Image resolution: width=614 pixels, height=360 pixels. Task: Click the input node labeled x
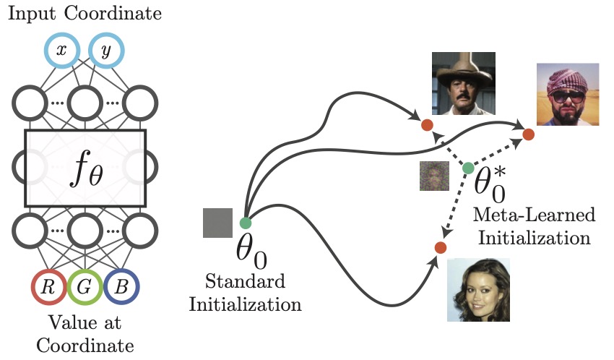(x=61, y=50)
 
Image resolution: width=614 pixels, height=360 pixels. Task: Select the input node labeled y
(x=106, y=50)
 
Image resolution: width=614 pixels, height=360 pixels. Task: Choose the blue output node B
(x=122, y=286)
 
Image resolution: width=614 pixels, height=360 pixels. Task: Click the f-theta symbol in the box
(x=85, y=168)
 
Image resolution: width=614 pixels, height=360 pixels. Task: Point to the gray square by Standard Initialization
(x=217, y=223)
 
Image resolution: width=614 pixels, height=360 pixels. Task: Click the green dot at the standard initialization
(x=244, y=223)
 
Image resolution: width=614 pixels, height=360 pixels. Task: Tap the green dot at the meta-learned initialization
(x=468, y=168)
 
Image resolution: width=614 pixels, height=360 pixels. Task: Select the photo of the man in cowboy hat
(x=463, y=84)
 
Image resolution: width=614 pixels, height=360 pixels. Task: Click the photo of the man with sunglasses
(x=567, y=94)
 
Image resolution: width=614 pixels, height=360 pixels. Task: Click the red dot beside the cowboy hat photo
(x=427, y=125)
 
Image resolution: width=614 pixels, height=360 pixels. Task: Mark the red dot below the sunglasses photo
(x=528, y=134)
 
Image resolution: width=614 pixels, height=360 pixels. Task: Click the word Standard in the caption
(x=245, y=280)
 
